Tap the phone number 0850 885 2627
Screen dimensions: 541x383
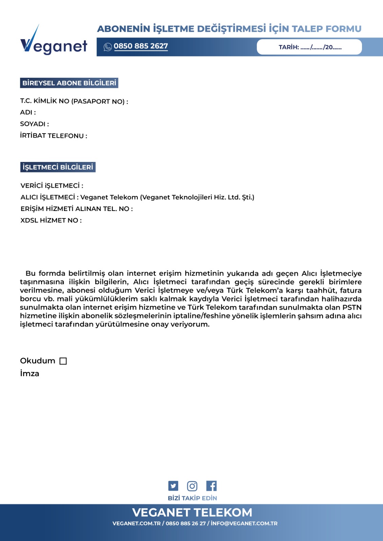point(141,46)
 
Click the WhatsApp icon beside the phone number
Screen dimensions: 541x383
point(108,47)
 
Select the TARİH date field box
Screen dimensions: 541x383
point(309,47)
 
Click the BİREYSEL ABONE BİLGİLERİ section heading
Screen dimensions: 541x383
point(69,83)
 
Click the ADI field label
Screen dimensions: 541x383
point(28,112)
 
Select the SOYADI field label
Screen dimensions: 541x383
point(34,124)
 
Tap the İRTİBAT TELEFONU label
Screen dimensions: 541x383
point(54,136)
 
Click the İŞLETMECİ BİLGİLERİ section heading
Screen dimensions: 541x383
point(58,167)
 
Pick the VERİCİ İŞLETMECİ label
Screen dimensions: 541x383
point(51,186)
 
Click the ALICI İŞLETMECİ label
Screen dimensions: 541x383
point(49,197)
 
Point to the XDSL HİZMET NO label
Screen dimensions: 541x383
point(51,220)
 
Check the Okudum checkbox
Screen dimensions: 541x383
point(63,361)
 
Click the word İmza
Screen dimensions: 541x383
point(29,374)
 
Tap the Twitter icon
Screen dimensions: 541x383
point(173,486)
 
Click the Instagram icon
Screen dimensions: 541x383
point(192,486)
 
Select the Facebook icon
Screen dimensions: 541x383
point(211,486)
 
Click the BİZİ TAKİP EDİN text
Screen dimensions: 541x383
point(192,498)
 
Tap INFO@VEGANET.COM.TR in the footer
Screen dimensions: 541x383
point(244,523)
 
